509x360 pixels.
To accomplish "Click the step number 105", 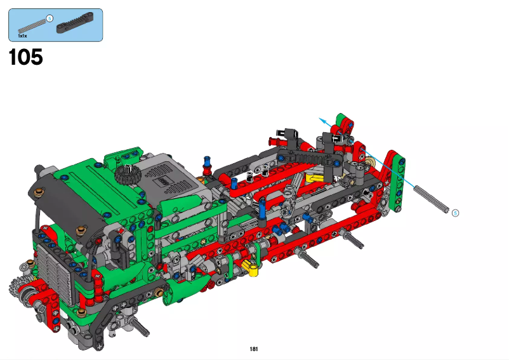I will [x=26, y=57].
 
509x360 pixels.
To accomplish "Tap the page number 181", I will [x=254, y=349].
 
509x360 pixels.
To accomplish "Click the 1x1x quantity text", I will [x=23, y=36].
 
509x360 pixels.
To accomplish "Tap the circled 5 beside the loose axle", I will [x=454, y=213].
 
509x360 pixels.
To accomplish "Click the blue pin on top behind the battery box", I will [x=206, y=159].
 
